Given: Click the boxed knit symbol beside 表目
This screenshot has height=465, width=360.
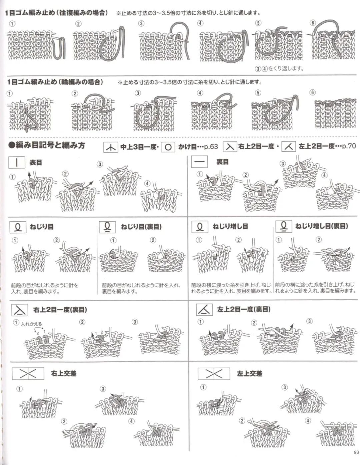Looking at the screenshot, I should (x=17, y=163).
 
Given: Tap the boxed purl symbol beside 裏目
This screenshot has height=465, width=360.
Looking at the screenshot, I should (x=200, y=162).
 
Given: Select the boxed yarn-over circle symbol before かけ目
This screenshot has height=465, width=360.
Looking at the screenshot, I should (x=168, y=147).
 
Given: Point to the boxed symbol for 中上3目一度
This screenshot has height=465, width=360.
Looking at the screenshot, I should (x=110, y=147).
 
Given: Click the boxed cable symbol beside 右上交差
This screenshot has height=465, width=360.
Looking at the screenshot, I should (x=28, y=374).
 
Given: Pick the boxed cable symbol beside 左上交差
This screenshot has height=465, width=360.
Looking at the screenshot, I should (x=214, y=374).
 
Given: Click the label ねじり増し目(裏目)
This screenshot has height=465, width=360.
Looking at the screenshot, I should (x=321, y=226).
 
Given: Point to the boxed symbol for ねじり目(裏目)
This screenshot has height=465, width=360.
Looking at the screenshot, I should (x=107, y=227).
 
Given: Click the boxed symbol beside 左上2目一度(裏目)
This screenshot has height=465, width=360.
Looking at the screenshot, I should (x=204, y=310).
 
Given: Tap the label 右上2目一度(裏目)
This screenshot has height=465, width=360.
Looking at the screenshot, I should (x=60, y=310).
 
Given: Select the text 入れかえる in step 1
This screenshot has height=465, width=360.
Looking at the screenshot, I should (x=31, y=324).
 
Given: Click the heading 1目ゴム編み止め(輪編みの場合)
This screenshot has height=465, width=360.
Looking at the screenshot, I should (x=55, y=82).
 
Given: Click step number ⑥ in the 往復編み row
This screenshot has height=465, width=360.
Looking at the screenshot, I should (x=312, y=23).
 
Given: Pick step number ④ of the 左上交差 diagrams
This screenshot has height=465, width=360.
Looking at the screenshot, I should (x=308, y=421).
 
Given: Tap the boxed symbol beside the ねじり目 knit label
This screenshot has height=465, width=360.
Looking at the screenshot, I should (x=18, y=227).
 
